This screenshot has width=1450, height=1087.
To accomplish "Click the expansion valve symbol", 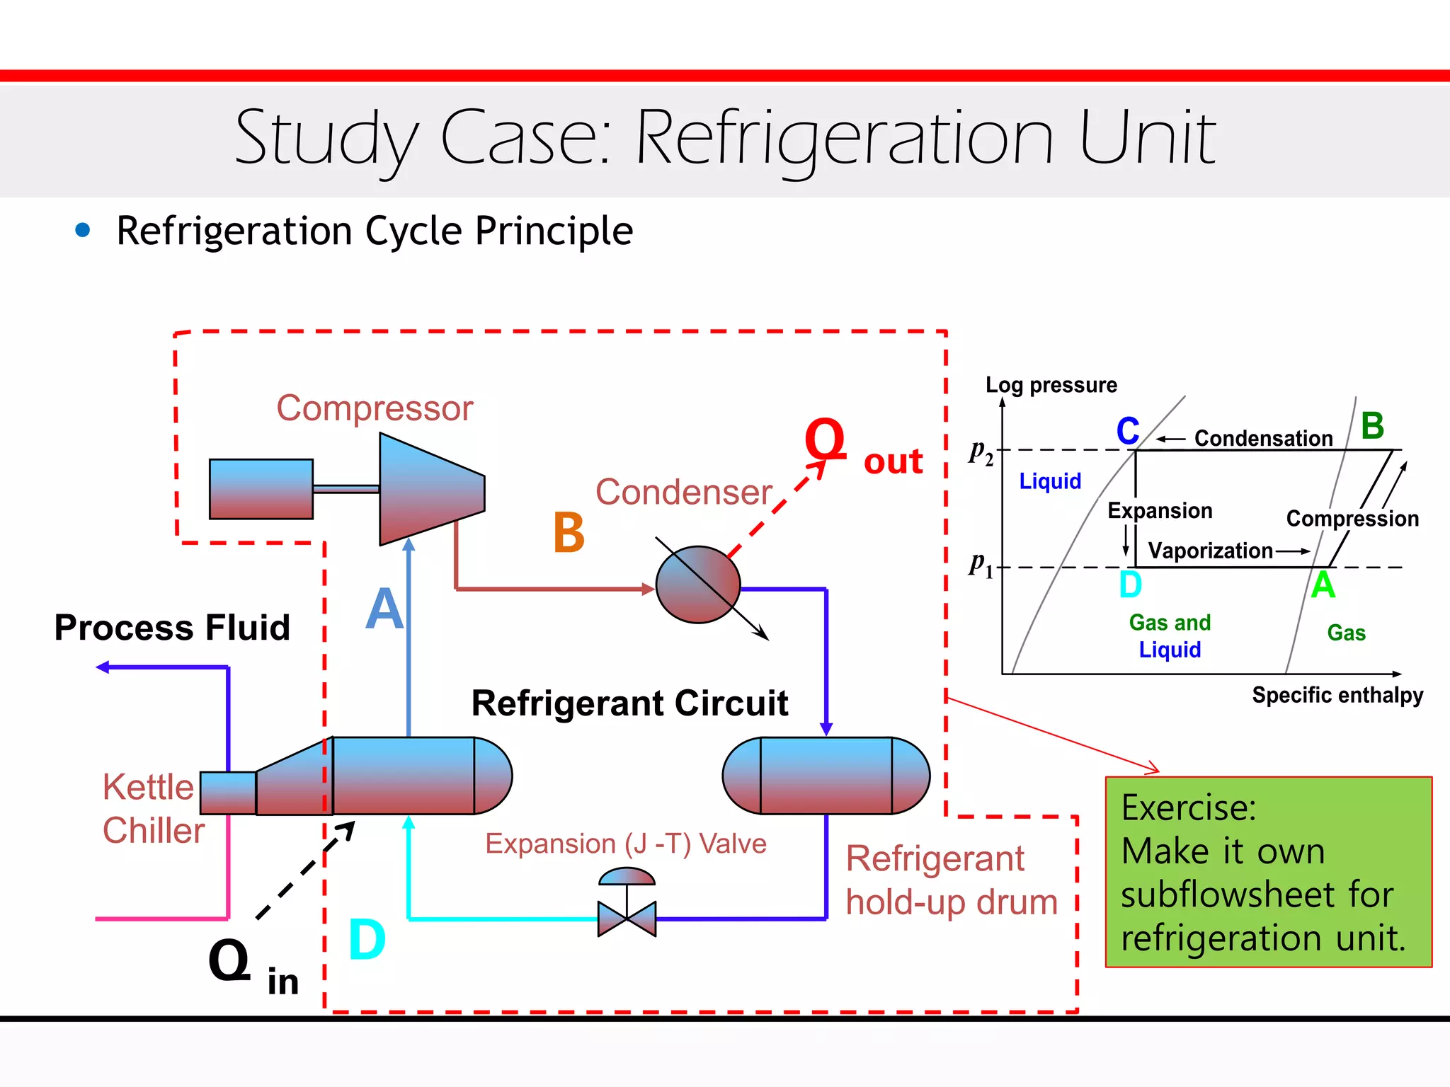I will tap(627, 917).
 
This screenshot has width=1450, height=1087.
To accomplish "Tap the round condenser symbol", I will tap(697, 585).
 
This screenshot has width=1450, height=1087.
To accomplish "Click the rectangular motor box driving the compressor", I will tap(261, 489).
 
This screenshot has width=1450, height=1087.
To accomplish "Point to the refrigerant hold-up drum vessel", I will tap(826, 776).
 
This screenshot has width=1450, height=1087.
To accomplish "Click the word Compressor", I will tap(375, 408).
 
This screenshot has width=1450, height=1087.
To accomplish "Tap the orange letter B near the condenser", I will tap(569, 533).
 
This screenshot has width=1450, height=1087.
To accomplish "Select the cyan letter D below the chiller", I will tap(367, 940).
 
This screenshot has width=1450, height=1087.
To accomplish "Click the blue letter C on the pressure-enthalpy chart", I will tap(1128, 431).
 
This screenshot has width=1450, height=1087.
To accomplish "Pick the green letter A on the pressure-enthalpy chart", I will tap(1323, 585).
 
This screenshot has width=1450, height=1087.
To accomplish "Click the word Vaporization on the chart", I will tap(1210, 551).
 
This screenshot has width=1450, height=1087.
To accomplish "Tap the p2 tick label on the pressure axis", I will tap(981, 452).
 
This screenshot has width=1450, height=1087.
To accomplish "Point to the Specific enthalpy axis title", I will tap(1337, 695).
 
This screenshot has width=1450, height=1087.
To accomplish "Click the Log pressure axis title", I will tap(1051, 385).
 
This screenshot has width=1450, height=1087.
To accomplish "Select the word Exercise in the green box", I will tap(1188, 807).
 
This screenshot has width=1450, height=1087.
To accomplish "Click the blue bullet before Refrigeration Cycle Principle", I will tap(83, 230).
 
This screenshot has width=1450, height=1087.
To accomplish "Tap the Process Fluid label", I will tap(172, 628).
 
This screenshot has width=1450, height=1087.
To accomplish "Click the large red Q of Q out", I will tap(825, 439).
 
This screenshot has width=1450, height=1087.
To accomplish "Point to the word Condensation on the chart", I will tap(1263, 439).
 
